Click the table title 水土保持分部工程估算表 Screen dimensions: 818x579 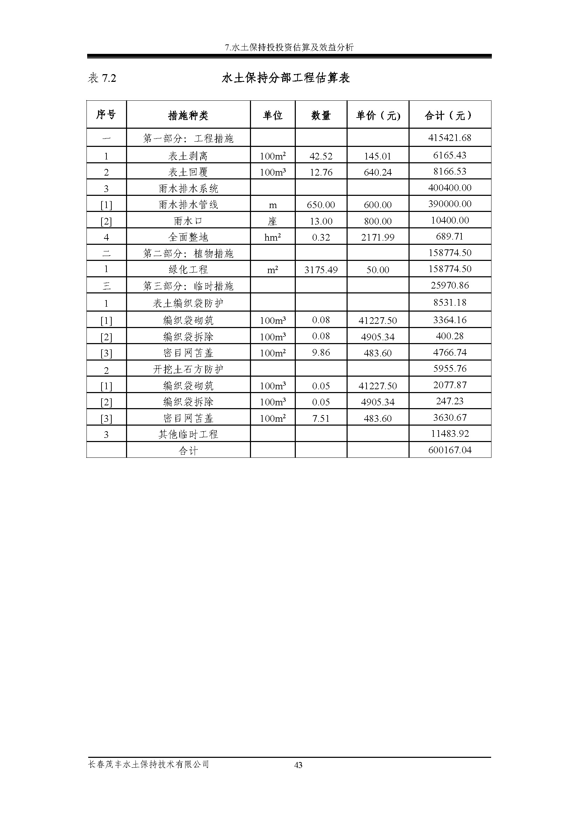coord(286,78)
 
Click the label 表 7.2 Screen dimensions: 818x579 coord(102,78)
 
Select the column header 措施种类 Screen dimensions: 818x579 coord(188,115)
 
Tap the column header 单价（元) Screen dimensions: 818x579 coord(378,115)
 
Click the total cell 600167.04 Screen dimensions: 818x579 coord(449,450)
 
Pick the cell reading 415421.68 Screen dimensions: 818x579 coord(449,138)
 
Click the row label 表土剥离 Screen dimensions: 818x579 coord(188,156)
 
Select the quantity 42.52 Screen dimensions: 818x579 coord(321,156)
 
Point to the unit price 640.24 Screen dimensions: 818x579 coord(378,172)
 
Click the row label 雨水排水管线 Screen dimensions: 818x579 coord(188,205)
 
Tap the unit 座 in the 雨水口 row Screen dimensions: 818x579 coord(272,221)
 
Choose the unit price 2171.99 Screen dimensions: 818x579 coord(378,237)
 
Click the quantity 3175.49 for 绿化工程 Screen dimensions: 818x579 coord(321,270)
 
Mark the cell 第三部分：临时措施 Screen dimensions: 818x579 coord(188,286)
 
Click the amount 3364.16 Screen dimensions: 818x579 coord(449,320)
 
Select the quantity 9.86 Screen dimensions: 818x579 coord(321,353)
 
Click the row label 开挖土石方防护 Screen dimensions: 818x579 coord(188,369)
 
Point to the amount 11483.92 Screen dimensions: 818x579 coord(449,434)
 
